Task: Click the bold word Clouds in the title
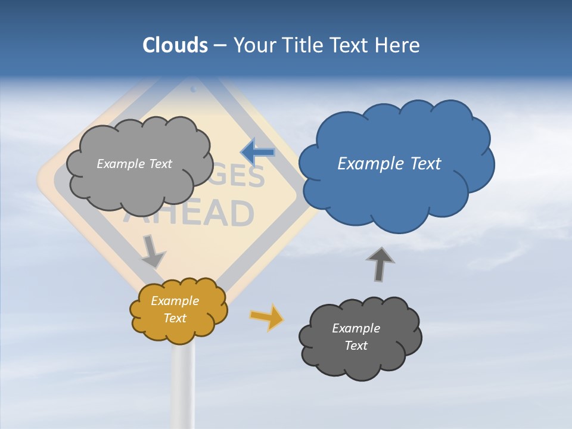click(175, 45)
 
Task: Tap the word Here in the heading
click(397, 45)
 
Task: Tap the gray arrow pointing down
click(153, 251)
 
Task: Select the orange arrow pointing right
click(267, 317)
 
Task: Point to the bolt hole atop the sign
click(193, 89)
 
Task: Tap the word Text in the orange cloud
click(175, 318)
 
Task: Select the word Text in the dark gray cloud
click(356, 346)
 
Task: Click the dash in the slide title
click(220, 46)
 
